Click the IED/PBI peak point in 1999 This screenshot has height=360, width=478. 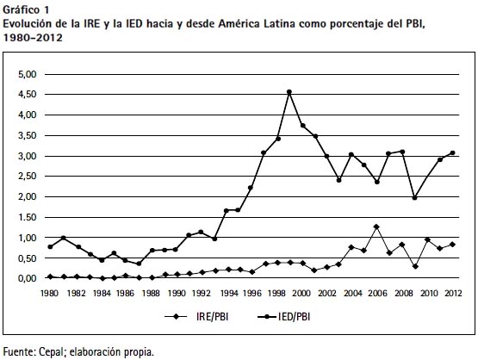point(289,92)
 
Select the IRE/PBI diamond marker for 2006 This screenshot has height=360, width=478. point(376,227)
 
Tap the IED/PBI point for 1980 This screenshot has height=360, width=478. point(50,246)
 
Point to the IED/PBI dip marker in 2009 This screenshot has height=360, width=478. point(414,198)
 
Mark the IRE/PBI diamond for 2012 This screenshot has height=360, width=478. point(452,245)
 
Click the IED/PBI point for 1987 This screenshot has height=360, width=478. point(139,264)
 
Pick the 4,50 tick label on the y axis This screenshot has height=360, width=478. point(27,95)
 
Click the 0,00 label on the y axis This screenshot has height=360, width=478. point(27,278)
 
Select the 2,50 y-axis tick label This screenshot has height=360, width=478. point(27,177)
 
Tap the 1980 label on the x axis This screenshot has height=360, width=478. point(49,293)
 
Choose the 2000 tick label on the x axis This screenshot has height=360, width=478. point(301,293)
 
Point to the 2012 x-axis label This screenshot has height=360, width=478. point(453,293)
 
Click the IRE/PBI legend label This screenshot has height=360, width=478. point(212,317)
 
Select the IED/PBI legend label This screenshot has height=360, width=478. point(294,317)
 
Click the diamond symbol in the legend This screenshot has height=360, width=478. point(176,317)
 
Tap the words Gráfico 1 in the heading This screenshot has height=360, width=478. point(26,10)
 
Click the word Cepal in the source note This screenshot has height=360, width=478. point(51,352)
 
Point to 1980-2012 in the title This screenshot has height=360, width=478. point(33,38)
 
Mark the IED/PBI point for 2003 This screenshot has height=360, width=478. point(338,180)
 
